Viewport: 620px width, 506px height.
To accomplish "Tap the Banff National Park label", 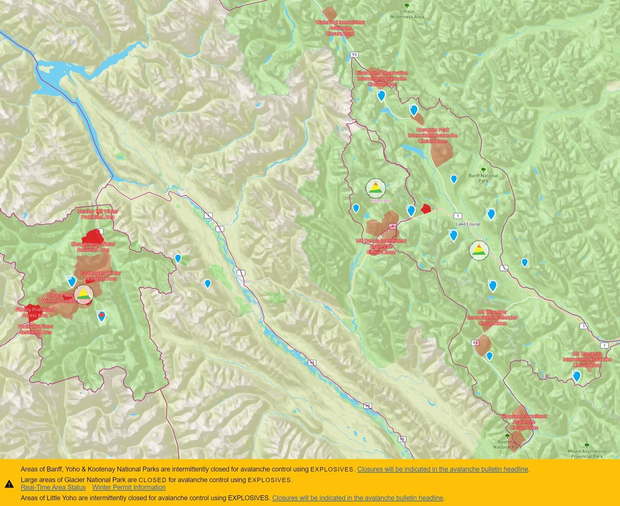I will point(484,178).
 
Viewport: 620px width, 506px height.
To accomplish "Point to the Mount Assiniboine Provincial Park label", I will point(586,453).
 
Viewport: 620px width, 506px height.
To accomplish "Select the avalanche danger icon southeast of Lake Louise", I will point(479,250).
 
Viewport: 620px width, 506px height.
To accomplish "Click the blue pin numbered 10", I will point(71,281).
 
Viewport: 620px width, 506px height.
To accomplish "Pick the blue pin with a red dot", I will point(102,315).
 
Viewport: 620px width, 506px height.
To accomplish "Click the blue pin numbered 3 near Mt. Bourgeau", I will point(577,376).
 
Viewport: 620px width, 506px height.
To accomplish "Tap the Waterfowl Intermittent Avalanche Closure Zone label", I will point(340,27).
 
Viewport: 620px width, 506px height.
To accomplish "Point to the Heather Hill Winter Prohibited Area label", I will point(98,214).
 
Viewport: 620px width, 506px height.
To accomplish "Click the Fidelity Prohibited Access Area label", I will point(35,312).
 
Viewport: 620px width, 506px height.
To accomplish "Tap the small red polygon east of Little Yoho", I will point(426,209).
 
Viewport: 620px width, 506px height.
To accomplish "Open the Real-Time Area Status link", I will point(53,487).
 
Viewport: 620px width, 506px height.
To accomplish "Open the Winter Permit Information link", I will point(129,487).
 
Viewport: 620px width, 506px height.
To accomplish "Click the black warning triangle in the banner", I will point(9,484).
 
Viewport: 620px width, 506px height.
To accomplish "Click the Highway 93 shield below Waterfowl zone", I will point(354,54).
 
